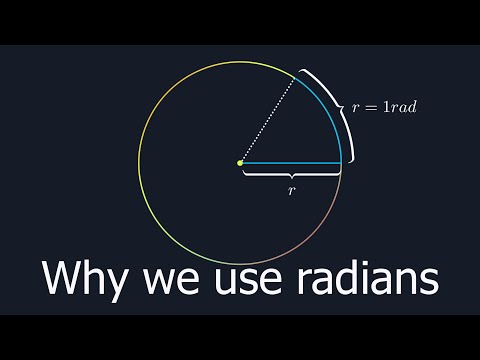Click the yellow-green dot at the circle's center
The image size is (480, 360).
pos(240,162)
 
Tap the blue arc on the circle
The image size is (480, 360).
pos(332,110)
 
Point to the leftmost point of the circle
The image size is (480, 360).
pos(140,162)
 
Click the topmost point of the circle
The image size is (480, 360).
pos(240,61)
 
